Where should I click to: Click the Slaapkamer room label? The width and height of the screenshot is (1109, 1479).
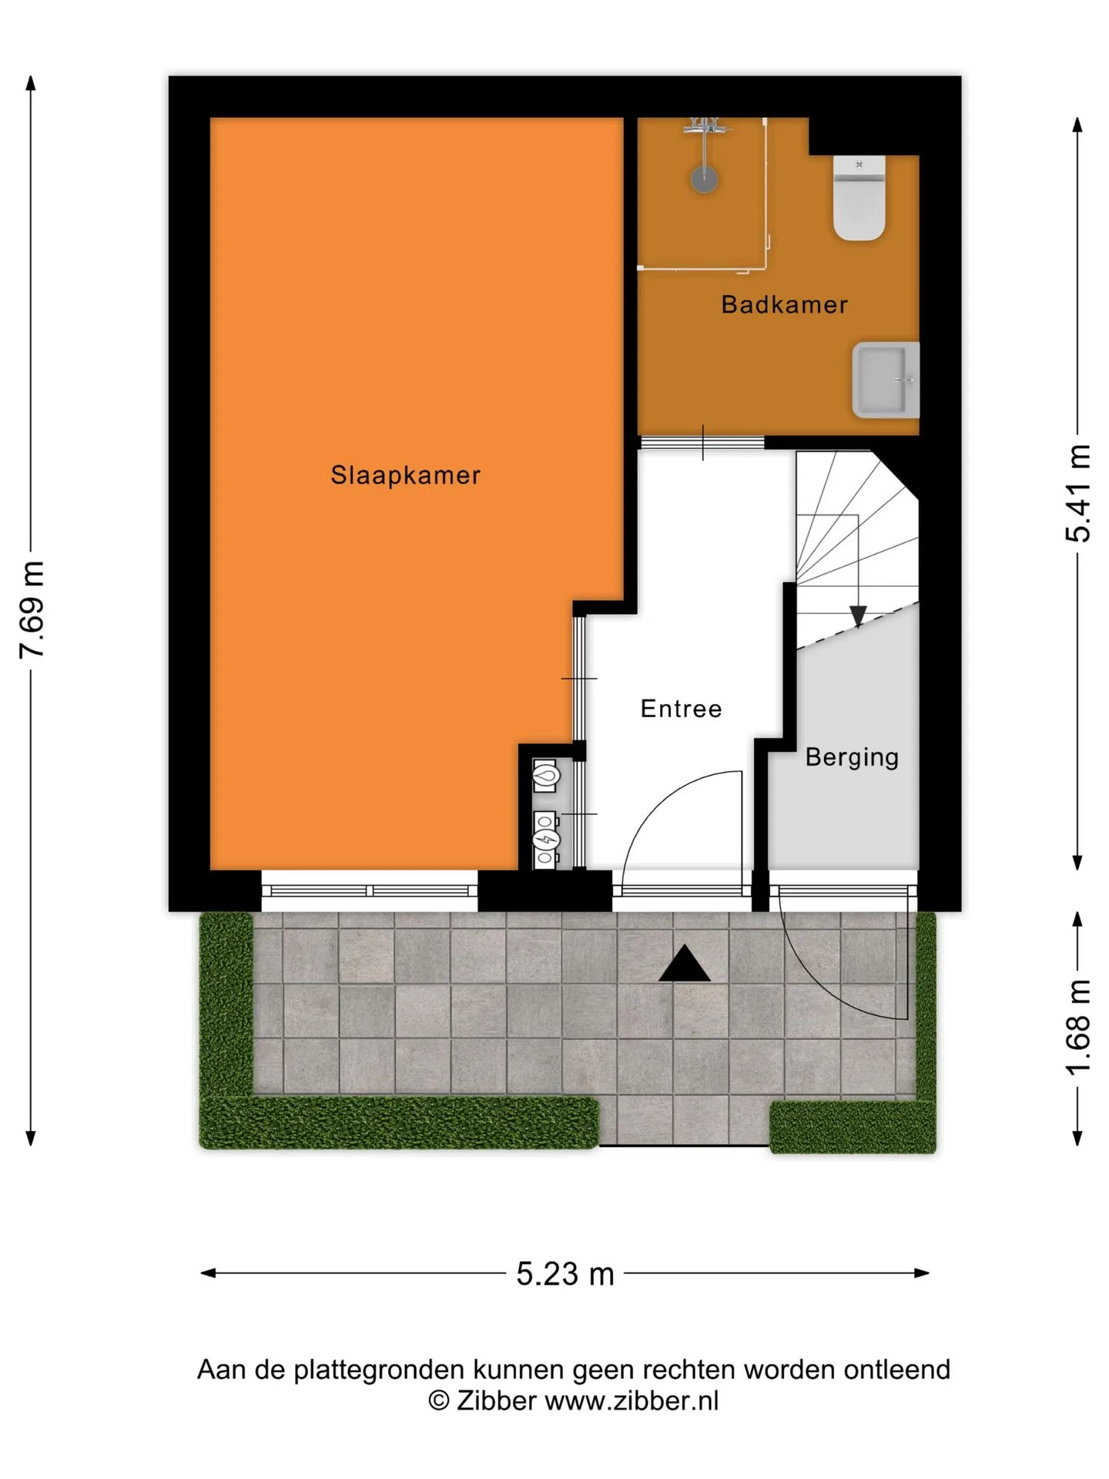[x=405, y=475]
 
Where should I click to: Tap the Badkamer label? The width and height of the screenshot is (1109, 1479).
[x=784, y=305]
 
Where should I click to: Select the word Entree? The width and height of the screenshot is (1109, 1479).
[x=681, y=709]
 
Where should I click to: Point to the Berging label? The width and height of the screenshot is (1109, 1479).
[x=852, y=757]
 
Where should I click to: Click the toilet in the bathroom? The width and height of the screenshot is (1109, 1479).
[x=859, y=198]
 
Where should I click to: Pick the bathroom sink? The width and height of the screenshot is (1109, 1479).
[x=886, y=381]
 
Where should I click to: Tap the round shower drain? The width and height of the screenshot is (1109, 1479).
[x=704, y=179]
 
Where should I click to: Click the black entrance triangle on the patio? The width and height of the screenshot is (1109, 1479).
[x=684, y=964]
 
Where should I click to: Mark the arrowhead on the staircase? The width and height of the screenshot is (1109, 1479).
[x=858, y=616]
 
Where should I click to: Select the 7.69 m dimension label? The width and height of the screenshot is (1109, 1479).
[x=32, y=610]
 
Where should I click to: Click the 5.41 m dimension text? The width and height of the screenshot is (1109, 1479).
[x=1078, y=494]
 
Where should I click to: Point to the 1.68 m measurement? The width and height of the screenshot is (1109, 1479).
[x=1078, y=1028]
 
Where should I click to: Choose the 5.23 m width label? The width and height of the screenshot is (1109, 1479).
[x=565, y=1274]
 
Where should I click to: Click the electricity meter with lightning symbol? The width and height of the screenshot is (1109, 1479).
[x=546, y=839]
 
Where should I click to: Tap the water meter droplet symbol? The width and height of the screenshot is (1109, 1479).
[x=546, y=776]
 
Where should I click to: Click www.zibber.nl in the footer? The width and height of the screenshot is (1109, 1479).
[x=632, y=1400]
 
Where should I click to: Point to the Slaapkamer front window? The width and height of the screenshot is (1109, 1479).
[x=370, y=890]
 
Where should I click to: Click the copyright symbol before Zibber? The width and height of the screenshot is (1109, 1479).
[x=438, y=1400]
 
